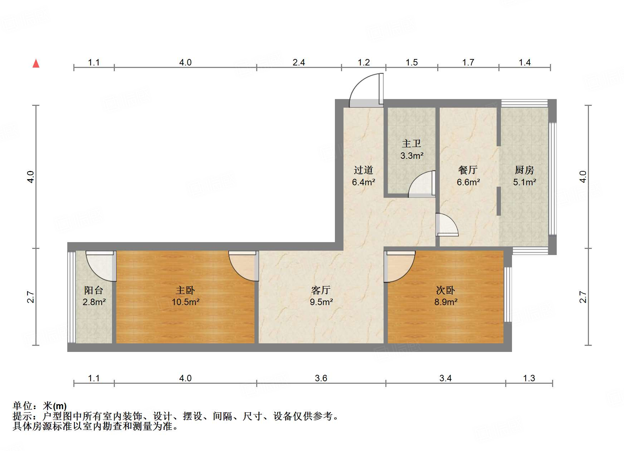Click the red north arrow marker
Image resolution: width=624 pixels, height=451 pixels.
(x=36, y=63)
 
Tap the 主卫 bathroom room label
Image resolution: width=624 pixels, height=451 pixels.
(x=411, y=144)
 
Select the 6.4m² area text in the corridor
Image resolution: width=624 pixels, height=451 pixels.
(x=363, y=182)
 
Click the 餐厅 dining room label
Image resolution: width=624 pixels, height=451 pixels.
(x=468, y=170)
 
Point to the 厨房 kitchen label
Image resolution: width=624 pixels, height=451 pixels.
(x=524, y=170)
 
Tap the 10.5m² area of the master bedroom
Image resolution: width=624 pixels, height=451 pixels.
(x=185, y=302)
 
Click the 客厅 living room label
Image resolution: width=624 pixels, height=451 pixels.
(x=321, y=290)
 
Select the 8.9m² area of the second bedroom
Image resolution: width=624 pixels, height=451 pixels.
(x=446, y=302)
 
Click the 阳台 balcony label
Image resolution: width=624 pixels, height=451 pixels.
(x=93, y=290)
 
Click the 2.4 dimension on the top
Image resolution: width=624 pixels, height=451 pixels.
(x=299, y=63)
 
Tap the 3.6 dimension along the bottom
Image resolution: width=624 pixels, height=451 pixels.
(x=321, y=378)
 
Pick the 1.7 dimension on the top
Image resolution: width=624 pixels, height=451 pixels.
(x=468, y=63)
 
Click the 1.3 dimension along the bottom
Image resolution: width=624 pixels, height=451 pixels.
(x=529, y=378)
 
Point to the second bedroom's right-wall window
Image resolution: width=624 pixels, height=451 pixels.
(x=508, y=295)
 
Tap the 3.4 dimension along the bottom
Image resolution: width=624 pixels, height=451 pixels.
(x=445, y=378)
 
